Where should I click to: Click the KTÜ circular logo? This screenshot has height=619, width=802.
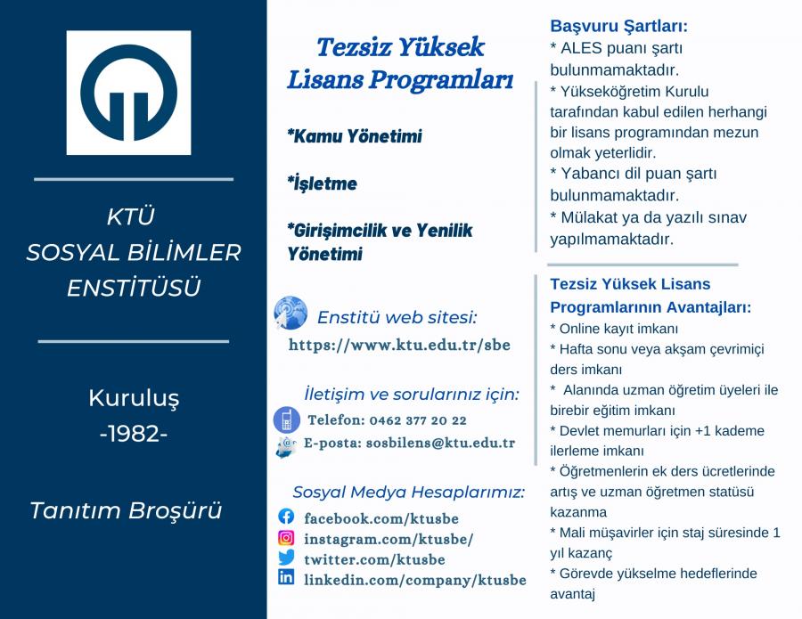click(x=129, y=93)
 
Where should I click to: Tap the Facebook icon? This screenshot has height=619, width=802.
click(x=286, y=517)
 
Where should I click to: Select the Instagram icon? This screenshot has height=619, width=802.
click(x=286, y=538)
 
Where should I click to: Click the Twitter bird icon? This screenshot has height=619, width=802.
click(x=286, y=558)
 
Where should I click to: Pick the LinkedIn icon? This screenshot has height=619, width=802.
click(x=286, y=577)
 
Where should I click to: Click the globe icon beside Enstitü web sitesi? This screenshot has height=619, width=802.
click(x=291, y=313)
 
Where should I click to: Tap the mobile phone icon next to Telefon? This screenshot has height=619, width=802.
click(x=286, y=419)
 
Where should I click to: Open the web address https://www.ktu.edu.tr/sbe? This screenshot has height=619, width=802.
click(x=399, y=345)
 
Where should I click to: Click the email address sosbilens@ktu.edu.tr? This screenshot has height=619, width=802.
click(x=440, y=444)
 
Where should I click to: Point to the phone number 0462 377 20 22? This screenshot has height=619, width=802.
click(x=418, y=420)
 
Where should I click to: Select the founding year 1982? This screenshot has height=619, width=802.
click(x=134, y=434)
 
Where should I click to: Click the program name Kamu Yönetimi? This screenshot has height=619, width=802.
click(x=355, y=136)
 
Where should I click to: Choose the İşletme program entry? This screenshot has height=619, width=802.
click(x=323, y=183)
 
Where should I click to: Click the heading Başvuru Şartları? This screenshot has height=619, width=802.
click(x=619, y=26)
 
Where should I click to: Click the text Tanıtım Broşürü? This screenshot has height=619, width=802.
click(x=126, y=510)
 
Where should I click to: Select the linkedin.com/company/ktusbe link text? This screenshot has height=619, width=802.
click(x=415, y=580)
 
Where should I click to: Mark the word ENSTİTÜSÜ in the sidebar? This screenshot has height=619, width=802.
click(x=134, y=288)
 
